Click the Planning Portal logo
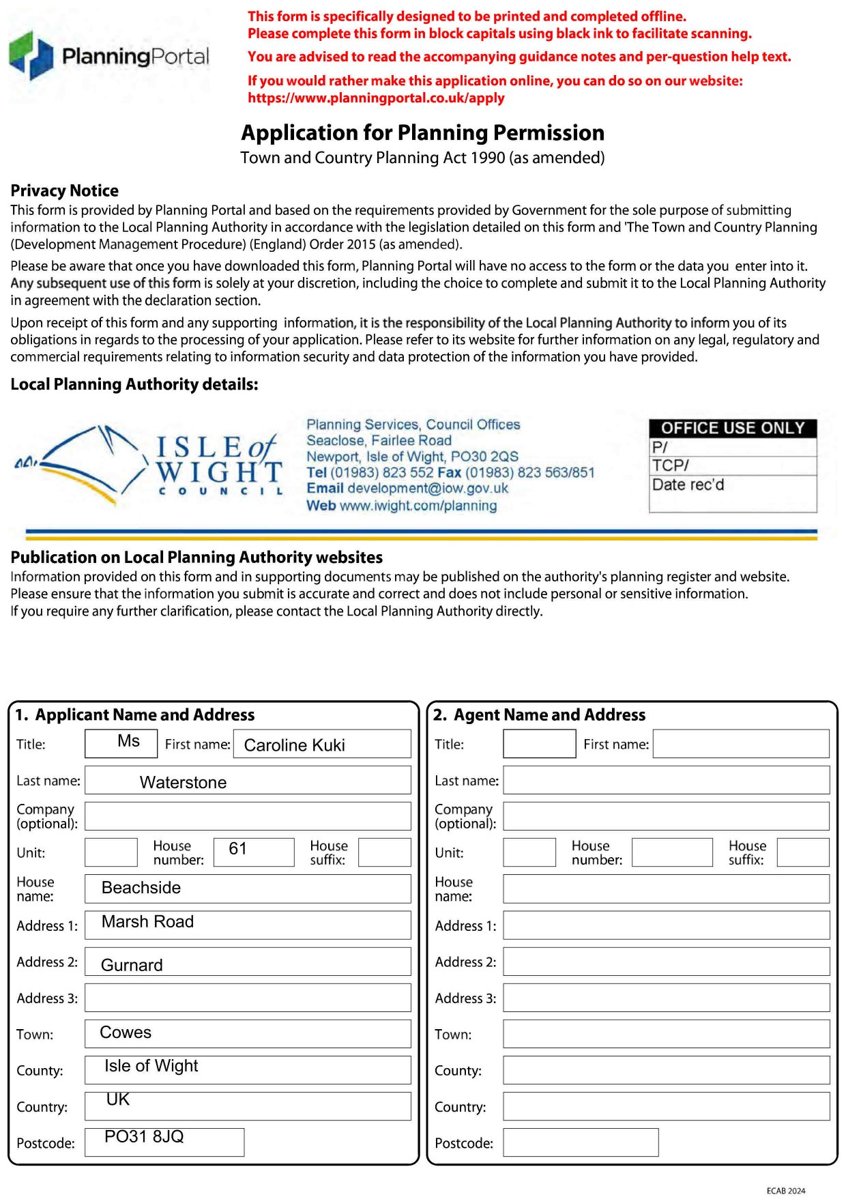[x=109, y=56]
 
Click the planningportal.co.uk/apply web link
[x=376, y=98]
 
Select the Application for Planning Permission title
[x=422, y=132]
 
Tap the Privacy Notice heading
[x=65, y=190]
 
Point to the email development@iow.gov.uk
[x=407, y=489]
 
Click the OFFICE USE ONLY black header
[x=732, y=428]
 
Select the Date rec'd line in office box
[x=688, y=485]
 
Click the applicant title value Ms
[x=128, y=742]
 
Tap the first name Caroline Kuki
[x=294, y=745]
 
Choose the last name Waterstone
[x=183, y=782]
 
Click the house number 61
[x=237, y=849]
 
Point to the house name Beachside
[x=141, y=888]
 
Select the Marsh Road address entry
[x=147, y=922]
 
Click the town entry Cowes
[x=126, y=1033]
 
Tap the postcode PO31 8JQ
[x=144, y=1137]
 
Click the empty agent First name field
[x=740, y=744]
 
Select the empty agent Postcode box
[x=581, y=1142]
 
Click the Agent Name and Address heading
[x=549, y=715]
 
